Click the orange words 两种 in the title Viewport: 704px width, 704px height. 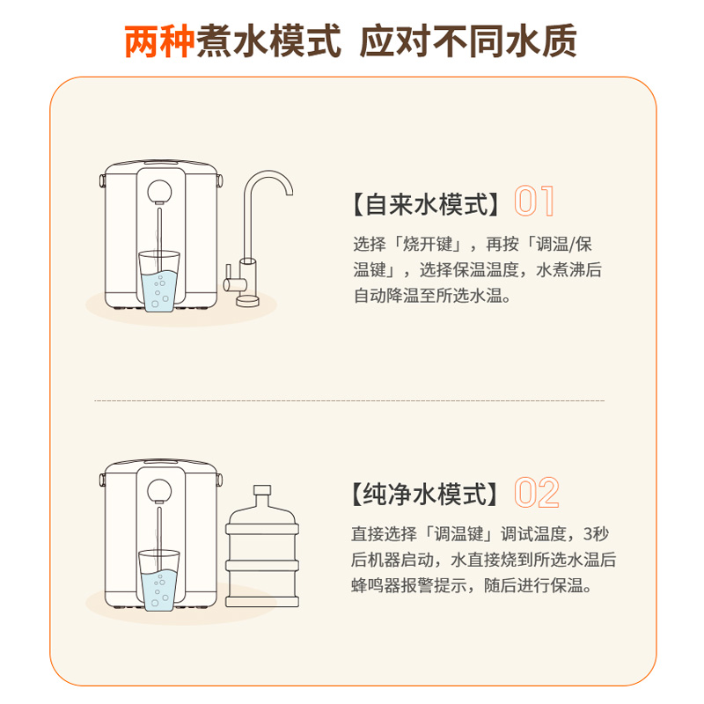click(x=160, y=41)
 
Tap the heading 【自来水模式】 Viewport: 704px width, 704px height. click(x=426, y=204)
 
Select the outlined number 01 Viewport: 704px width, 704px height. click(x=534, y=201)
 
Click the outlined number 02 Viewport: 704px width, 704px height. click(x=537, y=493)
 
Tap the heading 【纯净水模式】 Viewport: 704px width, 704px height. click(x=424, y=495)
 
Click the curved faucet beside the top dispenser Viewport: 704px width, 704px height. click(x=257, y=238)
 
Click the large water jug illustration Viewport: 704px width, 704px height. click(x=261, y=546)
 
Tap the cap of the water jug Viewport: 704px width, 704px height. click(x=261, y=490)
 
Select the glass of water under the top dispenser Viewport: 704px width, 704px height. click(x=159, y=281)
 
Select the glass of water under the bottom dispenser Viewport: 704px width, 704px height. click(x=159, y=581)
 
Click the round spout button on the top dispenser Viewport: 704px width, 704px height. click(x=159, y=192)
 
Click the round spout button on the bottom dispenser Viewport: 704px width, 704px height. click(x=159, y=491)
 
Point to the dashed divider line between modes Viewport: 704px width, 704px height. click(x=349, y=400)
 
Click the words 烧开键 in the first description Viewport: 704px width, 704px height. click(x=428, y=245)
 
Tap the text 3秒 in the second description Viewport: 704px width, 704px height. click(x=596, y=534)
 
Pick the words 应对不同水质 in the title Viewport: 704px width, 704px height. click(x=468, y=41)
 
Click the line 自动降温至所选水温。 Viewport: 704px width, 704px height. click(x=432, y=296)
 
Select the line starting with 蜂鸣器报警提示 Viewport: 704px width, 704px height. click(x=472, y=585)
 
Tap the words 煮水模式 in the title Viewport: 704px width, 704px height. click(x=268, y=41)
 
